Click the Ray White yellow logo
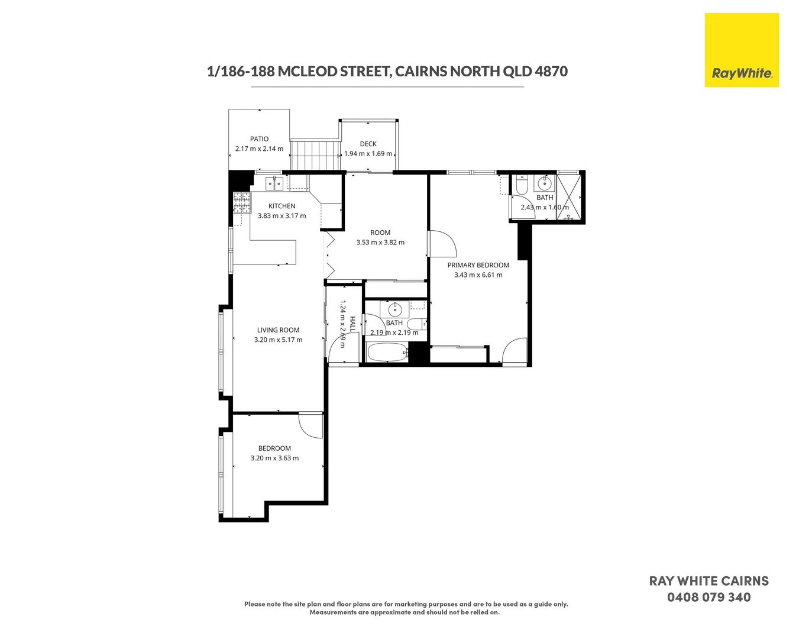(x=741, y=50)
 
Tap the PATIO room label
(x=259, y=139)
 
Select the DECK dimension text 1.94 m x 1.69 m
(x=368, y=154)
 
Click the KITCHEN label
(x=282, y=206)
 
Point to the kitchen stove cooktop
(x=242, y=202)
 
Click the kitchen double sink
(x=274, y=183)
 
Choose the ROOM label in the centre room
(x=380, y=233)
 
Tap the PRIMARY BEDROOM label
(x=478, y=265)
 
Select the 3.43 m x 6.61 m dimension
(x=478, y=275)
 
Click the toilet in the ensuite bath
(x=522, y=186)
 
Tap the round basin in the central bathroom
(x=394, y=309)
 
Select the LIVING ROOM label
(x=278, y=330)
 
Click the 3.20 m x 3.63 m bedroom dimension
(x=274, y=459)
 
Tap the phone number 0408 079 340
(x=709, y=598)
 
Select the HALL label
(x=352, y=324)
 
